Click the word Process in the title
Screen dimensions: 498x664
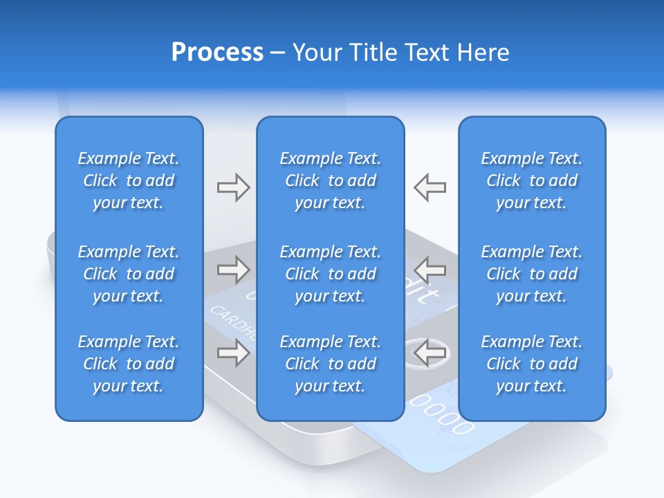[217, 53]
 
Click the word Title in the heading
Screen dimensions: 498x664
[374, 53]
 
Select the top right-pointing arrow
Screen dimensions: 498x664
[233, 187]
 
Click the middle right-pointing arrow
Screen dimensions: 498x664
[233, 269]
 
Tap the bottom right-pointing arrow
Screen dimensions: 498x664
[233, 353]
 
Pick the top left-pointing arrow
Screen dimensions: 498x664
[430, 187]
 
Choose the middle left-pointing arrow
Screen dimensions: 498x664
[430, 269]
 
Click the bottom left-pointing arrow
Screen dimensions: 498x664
[430, 353]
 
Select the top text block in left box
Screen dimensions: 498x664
[129, 181]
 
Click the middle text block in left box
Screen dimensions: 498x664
[129, 274]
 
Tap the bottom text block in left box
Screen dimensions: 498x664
[129, 364]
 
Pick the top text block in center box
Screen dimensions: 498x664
[330, 181]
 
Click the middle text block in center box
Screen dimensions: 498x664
[330, 274]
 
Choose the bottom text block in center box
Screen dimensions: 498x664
[330, 364]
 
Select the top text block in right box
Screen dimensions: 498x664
[531, 181]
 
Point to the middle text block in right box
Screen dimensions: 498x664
[531, 274]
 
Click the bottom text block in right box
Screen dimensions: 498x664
[531, 364]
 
